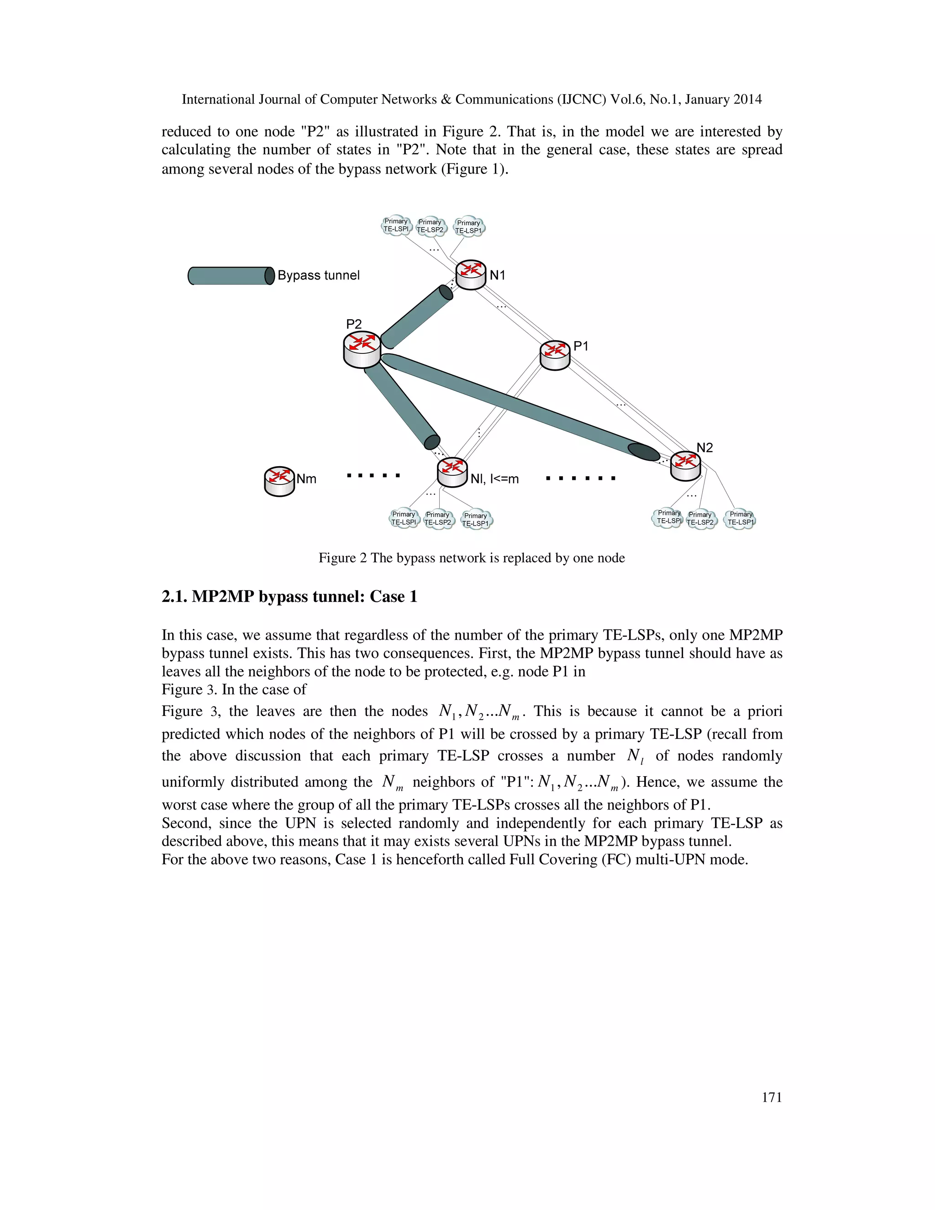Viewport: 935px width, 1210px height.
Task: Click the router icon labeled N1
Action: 471,274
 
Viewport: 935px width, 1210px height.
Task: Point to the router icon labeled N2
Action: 685,466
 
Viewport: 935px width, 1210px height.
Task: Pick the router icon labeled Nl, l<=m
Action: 452,472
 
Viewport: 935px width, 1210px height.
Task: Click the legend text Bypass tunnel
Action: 319,275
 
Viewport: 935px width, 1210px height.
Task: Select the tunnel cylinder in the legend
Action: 231,276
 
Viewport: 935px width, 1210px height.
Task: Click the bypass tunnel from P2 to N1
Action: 416,317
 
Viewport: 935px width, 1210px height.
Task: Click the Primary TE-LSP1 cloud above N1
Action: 468,226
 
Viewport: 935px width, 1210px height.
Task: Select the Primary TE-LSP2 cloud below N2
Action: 701,519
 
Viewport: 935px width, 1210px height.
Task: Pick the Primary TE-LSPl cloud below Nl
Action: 404,518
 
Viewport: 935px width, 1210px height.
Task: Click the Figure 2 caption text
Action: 471,558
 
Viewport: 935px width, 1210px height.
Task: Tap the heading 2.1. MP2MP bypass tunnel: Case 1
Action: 289,597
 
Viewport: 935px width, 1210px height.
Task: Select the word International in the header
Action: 215,100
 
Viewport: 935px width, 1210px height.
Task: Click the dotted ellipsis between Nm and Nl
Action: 373,475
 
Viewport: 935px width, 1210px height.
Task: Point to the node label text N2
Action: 704,447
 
